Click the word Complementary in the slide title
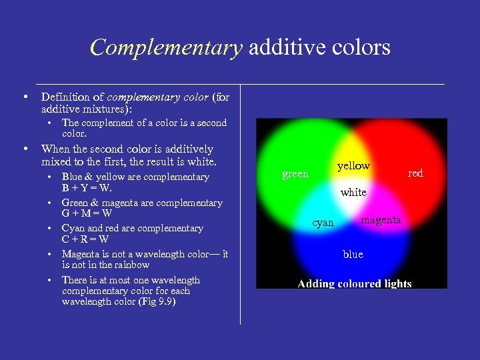pos(166,48)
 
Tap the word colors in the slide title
pos(363,48)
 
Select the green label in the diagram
pos(295,175)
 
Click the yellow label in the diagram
pos(353,166)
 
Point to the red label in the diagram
pos(415,173)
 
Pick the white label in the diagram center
pos(353,193)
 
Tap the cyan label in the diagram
pos(323,223)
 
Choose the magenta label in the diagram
pos(381,220)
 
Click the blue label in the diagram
pos(353,254)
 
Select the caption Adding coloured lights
pos(354,283)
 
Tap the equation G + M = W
pos(87,214)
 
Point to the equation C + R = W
pos(85,239)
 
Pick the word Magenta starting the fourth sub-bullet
pos(81,254)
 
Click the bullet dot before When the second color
pos(25,149)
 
